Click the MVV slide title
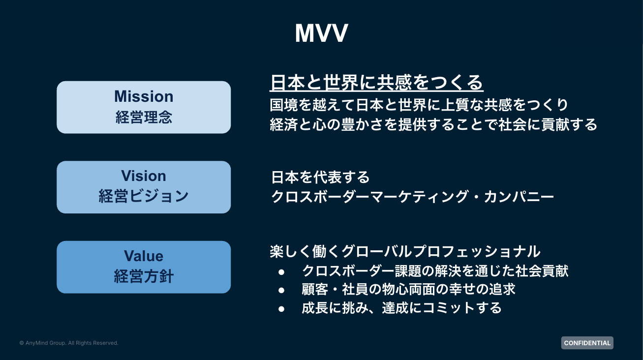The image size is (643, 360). [322, 33]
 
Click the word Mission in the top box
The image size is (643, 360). [144, 96]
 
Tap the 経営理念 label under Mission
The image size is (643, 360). [144, 117]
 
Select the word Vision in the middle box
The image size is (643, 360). [144, 176]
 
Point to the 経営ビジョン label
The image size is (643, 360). [144, 196]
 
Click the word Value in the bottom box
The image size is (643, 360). [144, 256]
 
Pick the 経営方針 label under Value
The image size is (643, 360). [144, 276]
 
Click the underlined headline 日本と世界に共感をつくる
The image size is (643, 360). [377, 83]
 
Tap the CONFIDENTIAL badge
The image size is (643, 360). [587, 343]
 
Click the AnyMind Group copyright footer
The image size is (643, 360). [69, 343]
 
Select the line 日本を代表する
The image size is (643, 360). [320, 177]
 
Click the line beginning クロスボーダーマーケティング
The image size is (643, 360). [412, 197]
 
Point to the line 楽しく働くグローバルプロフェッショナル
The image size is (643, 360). [405, 251]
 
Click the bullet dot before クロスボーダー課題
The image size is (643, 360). [281, 272]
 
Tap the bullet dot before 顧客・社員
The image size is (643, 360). [281, 290]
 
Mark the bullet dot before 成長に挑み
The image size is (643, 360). [281, 309]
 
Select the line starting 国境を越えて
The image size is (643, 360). [419, 105]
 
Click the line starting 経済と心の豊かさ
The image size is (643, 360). [433, 124]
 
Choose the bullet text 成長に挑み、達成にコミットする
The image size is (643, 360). [401, 308]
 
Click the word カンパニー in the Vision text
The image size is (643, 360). [519, 197]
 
